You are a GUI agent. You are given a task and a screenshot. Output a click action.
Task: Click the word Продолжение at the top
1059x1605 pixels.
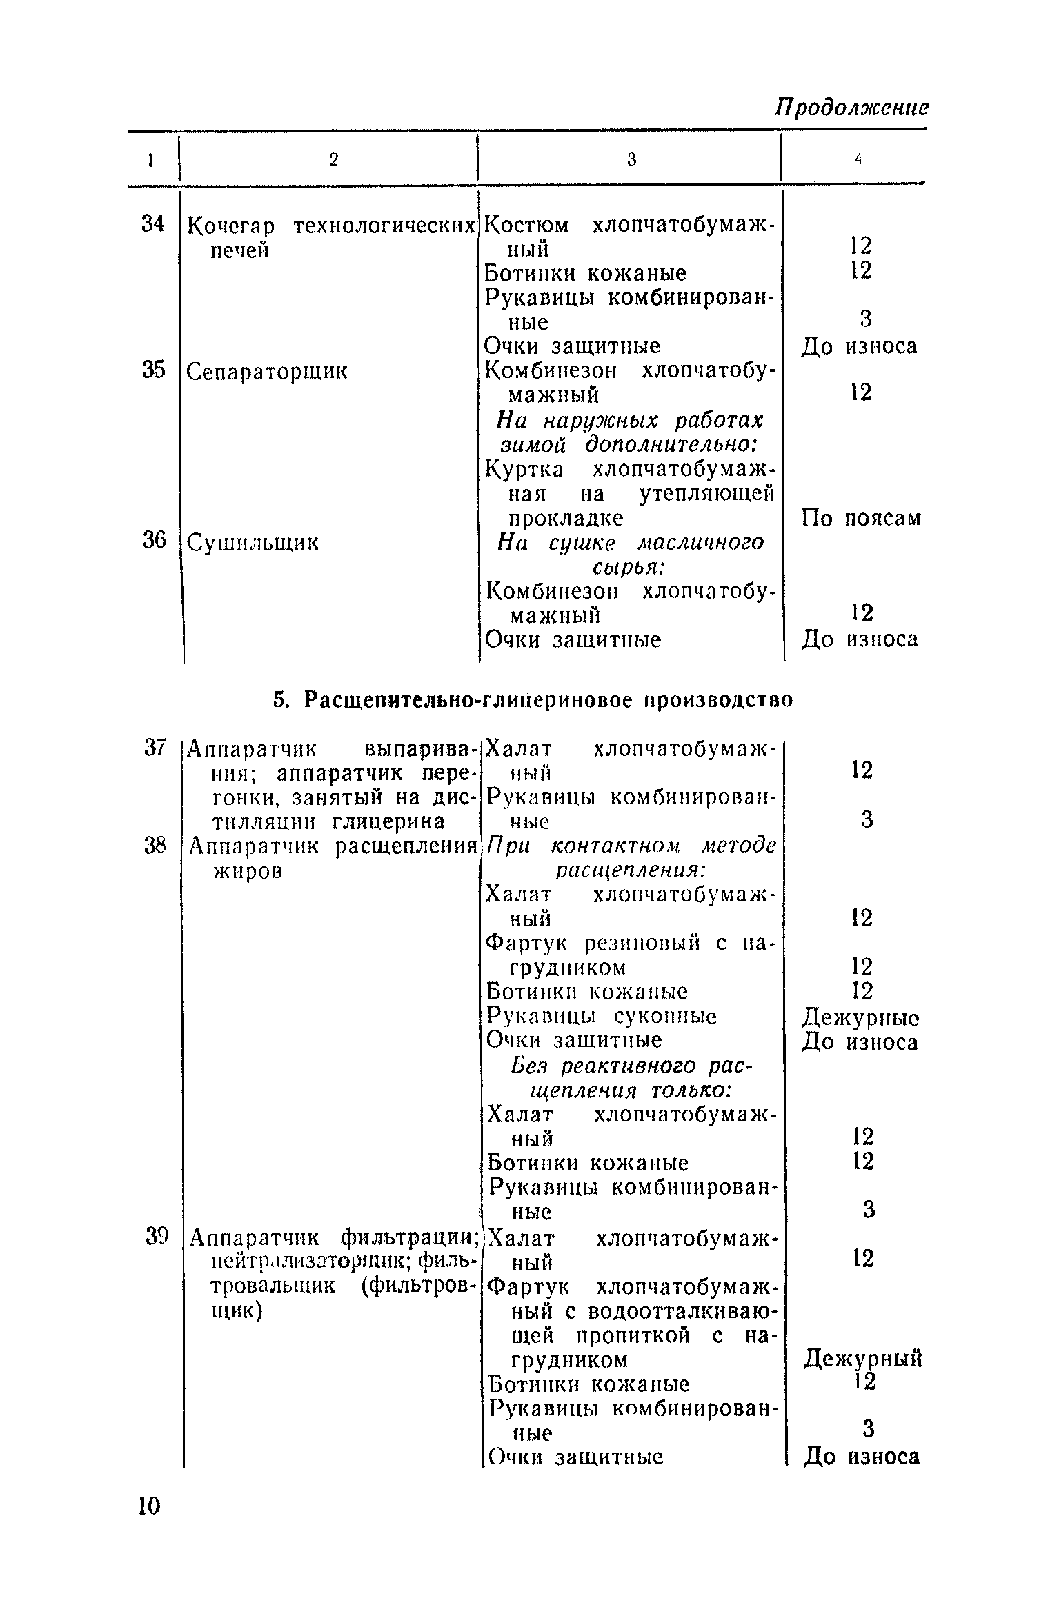tap(851, 108)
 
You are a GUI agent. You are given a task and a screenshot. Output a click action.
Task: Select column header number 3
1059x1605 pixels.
tap(631, 160)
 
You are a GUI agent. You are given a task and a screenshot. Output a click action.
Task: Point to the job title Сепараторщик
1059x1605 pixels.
tap(268, 372)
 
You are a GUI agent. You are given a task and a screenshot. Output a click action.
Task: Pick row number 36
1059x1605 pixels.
tap(154, 541)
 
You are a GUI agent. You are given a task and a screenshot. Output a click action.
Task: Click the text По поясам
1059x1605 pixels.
tap(861, 518)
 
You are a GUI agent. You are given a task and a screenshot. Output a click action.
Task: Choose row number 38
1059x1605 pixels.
tap(155, 846)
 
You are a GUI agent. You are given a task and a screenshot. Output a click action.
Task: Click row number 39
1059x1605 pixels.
tap(157, 1237)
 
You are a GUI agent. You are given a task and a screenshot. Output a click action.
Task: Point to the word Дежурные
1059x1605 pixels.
tap(860, 1017)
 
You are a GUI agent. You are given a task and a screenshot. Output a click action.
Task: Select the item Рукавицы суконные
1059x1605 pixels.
tap(602, 1016)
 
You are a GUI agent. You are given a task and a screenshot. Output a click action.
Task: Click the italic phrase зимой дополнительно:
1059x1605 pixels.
tap(629, 445)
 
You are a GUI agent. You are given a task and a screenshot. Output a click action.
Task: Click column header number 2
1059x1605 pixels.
tap(334, 160)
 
